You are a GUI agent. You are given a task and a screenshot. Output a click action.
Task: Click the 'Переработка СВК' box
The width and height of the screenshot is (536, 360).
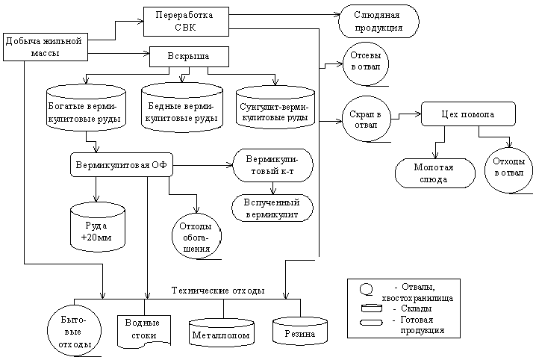[185, 22]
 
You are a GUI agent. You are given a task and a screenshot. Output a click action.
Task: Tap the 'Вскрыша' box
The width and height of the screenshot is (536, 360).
[188, 57]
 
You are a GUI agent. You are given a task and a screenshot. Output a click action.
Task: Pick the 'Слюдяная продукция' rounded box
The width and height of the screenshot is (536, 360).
[378, 22]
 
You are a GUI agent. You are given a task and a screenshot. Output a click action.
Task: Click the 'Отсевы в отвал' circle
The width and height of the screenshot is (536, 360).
[365, 61]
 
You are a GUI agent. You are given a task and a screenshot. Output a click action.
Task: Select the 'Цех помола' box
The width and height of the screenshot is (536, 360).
[469, 114]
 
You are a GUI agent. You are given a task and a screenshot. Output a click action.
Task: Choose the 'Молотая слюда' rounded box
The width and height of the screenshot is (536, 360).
[434, 173]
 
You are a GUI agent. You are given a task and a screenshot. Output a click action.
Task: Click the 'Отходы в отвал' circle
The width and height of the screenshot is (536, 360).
[508, 168]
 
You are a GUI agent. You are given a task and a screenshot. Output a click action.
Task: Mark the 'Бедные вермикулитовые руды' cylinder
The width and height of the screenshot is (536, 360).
[181, 111]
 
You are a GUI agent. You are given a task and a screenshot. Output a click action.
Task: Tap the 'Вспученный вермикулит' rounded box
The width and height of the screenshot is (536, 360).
[272, 208]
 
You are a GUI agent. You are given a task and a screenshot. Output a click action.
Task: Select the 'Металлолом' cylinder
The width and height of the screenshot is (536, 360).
[222, 333]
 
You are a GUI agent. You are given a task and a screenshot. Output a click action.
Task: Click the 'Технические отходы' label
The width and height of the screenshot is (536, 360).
[221, 290]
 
